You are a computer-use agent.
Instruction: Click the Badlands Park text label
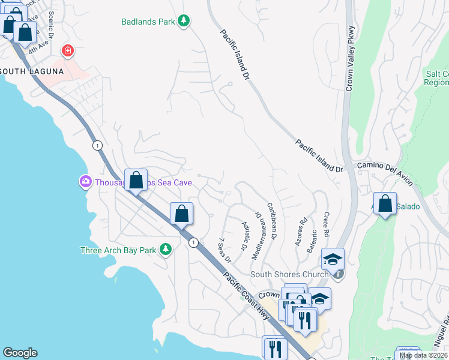pyautogui.click(x=148, y=22)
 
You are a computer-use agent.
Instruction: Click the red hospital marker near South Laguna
pyautogui.click(x=68, y=51)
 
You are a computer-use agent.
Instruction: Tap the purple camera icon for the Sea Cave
pyautogui.click(x=85, y=181)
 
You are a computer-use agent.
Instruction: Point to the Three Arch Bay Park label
pyautogui.click(x=118, y=250)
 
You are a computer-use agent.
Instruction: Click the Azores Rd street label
pyautogui.click(x=300, y=229)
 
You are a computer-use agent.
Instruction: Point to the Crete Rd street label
pyautogui.click(x=326, y=223)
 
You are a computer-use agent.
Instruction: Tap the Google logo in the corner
pyautogui.click(x=20, y=353)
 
